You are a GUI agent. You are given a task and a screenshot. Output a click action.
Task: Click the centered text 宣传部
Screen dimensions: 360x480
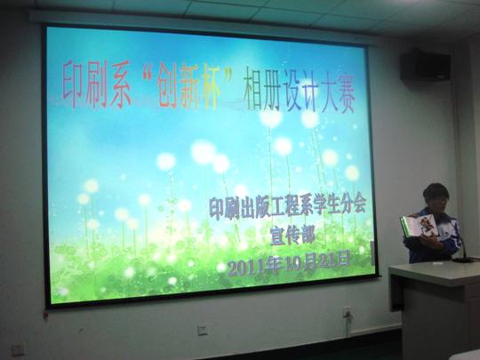tap(291, 236)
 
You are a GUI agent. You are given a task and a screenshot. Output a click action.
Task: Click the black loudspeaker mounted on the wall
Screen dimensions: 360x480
tap(425, 65)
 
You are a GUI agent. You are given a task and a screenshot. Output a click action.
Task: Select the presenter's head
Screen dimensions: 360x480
tap(435, 198)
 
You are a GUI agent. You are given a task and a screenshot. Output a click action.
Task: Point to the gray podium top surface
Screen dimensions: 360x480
tap(436, 271)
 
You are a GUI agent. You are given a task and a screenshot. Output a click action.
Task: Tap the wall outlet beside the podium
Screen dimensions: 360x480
tap(347, 313)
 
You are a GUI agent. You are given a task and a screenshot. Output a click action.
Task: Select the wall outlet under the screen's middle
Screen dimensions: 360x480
tap(203, 330)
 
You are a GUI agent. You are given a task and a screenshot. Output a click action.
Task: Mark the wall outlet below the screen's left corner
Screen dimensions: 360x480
tap(19, 348)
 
